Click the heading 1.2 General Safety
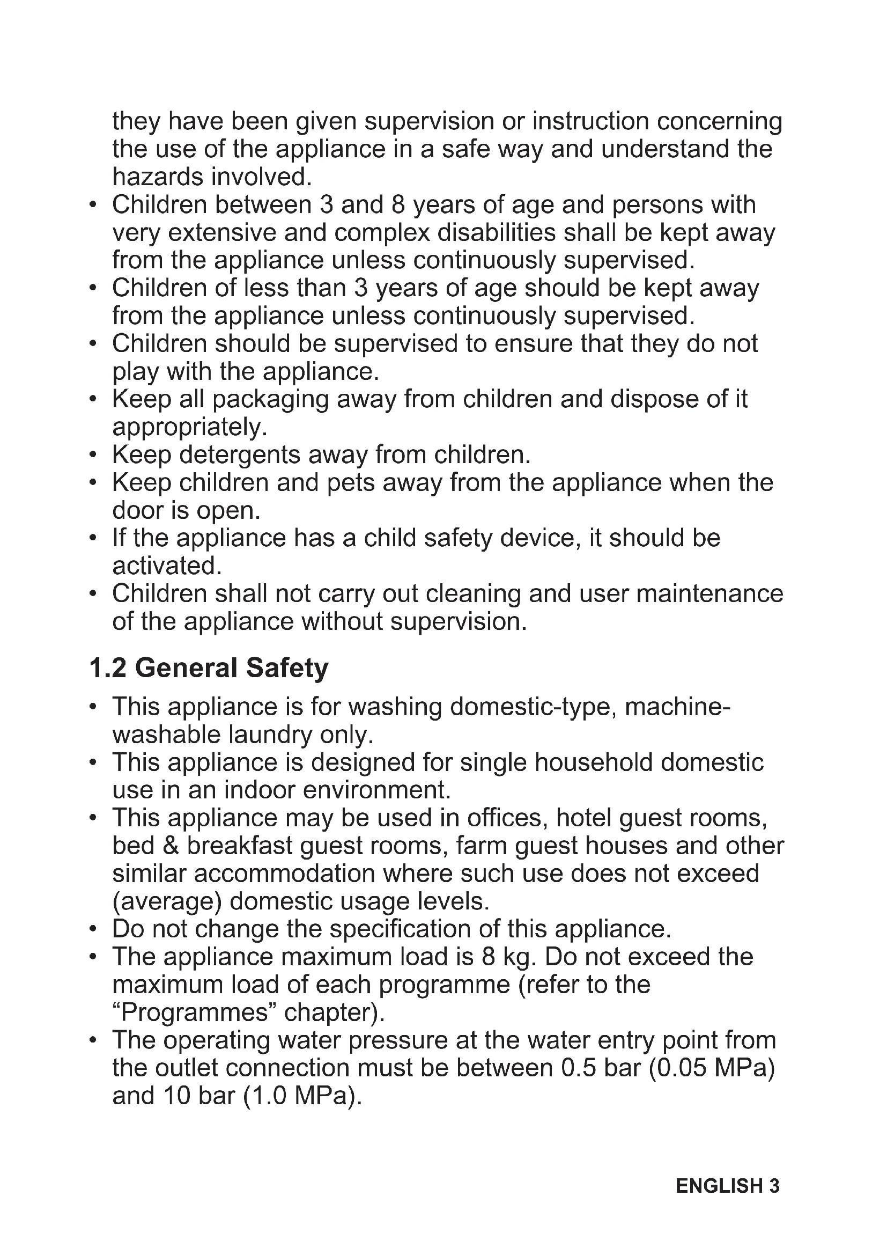(209, 668)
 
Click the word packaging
(271, 400)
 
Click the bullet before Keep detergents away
(93, 456)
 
